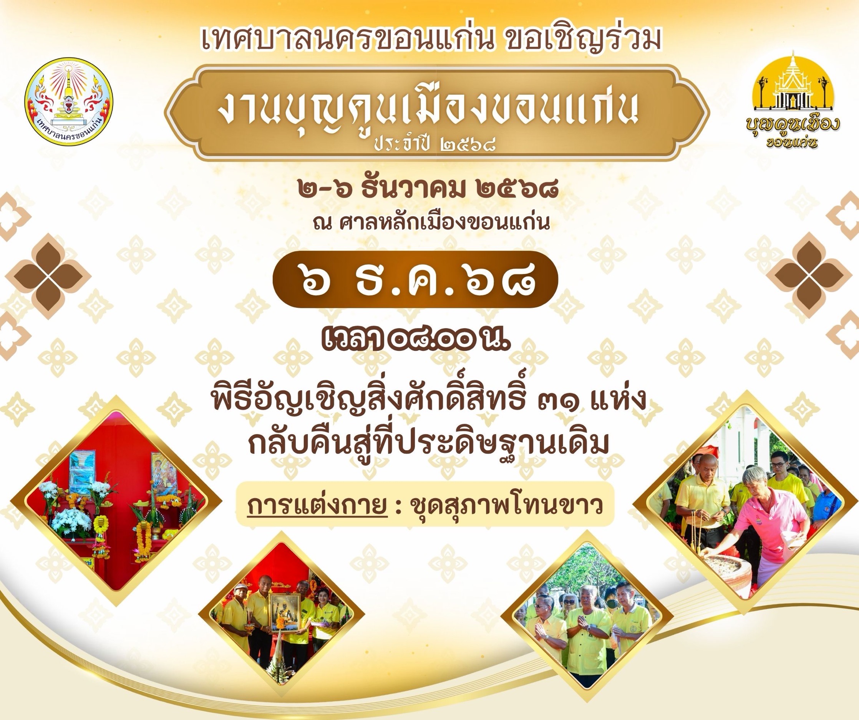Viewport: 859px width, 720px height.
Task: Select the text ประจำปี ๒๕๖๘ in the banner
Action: [x=435, y=144]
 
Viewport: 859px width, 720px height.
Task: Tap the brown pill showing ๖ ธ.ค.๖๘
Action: [x=415, y=279]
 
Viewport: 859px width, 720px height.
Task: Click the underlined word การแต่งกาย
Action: [x=317, y=506]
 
